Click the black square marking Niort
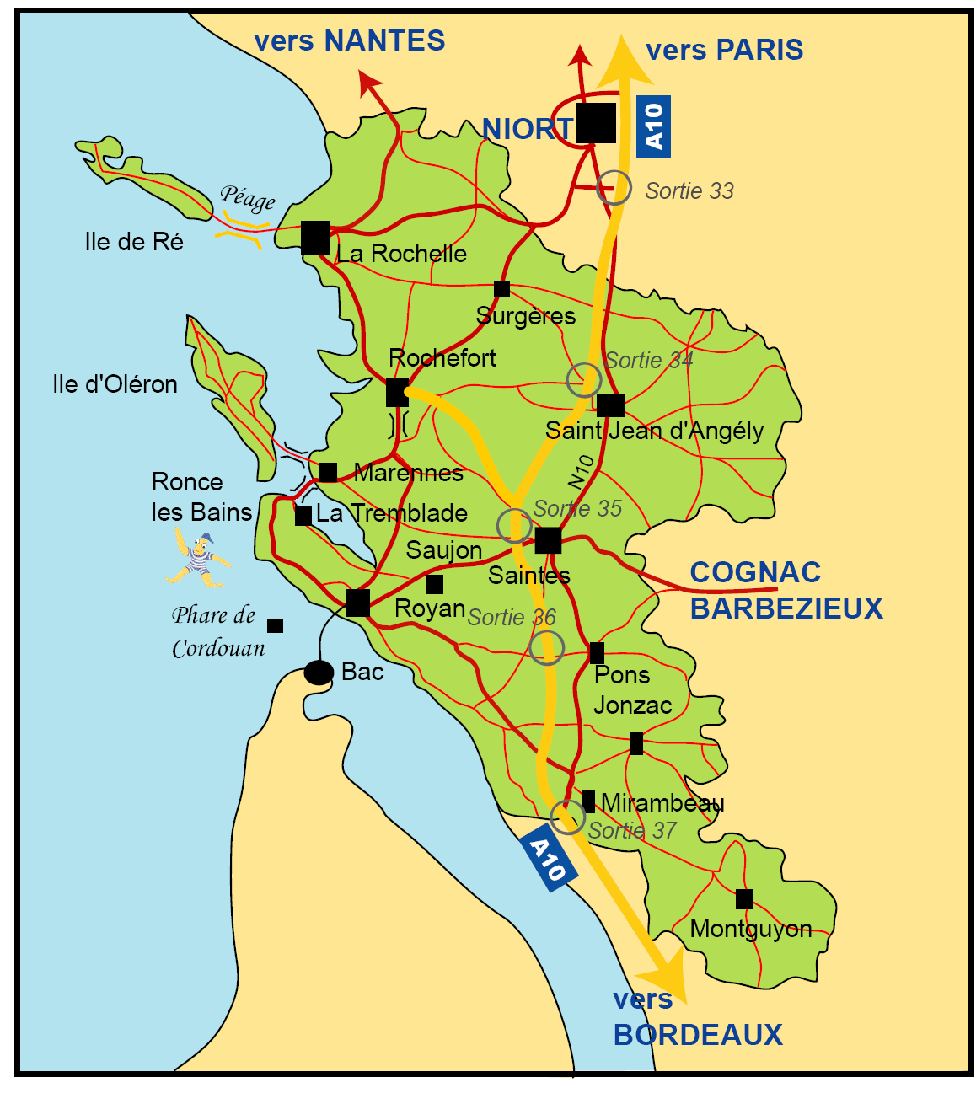[x=596, y=123]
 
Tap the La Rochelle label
[x=401, y=254]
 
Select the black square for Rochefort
[x=397, y=393]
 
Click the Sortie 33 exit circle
[x=614, y=187]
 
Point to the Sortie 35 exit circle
[x=514, y=525]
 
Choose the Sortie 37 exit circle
[x=568, y=817]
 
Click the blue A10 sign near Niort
[x=653, y=126]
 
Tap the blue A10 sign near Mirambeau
[x=549, y=860]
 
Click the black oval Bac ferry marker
[x=319, y=673]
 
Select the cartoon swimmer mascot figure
[x=198, y=558]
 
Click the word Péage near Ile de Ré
[x=248, y=198]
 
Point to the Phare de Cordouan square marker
[x=275, y=625]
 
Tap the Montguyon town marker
[x=743, y=899]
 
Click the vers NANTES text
[x=349, y=41]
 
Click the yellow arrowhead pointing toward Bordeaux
[x=666, y=978]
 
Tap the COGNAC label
[x=755, y=572]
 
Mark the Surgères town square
[x=501, y=289]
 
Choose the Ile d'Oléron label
[x=115, y=384]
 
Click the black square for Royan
[x=358, y=603]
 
